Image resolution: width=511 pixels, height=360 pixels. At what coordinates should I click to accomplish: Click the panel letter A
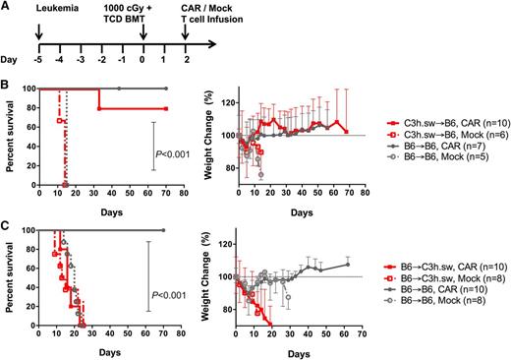pos(7,8)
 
